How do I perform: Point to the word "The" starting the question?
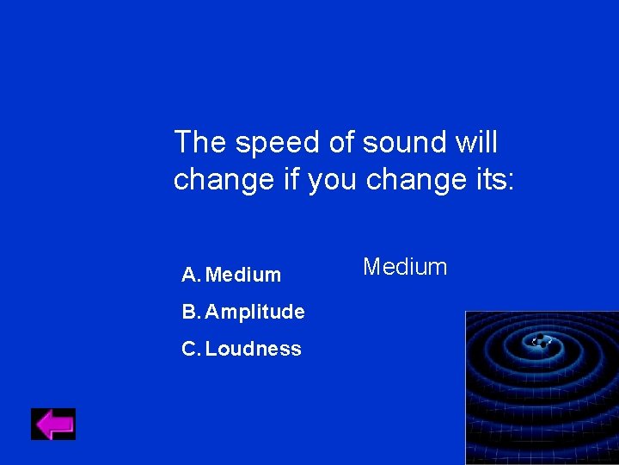[200, 142]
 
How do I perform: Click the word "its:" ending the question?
[491, 179]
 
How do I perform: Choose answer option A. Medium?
[231, 275]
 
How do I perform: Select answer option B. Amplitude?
[243, 312]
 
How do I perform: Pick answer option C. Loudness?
[242, 349]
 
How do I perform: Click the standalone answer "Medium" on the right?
[405, 267]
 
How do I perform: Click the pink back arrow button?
[53, 424]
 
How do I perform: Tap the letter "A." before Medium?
[192, 275]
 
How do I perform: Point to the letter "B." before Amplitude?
[192, 312]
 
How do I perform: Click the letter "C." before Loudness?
[192, 349]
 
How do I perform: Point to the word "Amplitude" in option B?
[254, 312]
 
